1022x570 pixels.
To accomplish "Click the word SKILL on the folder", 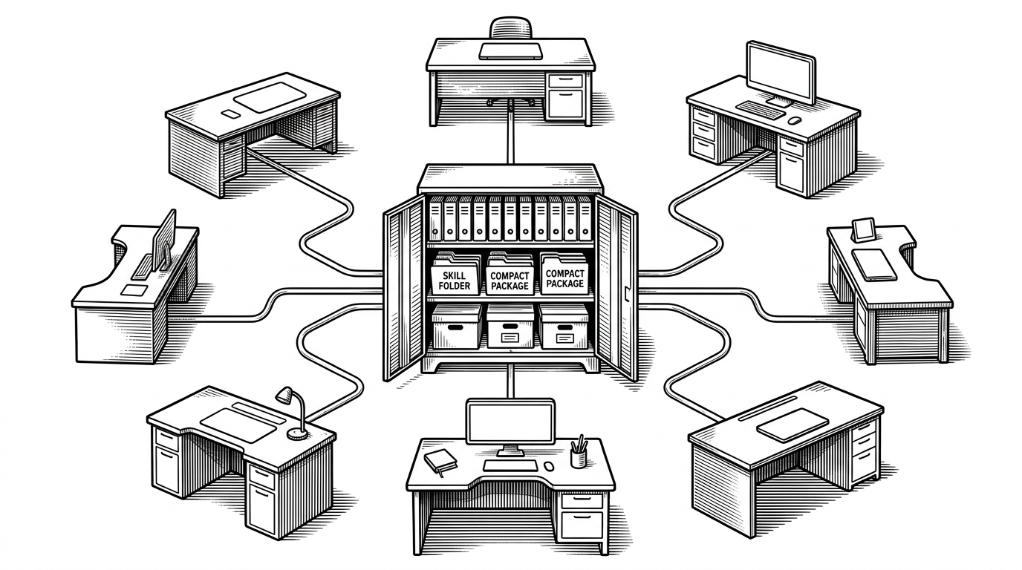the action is pos(455,275).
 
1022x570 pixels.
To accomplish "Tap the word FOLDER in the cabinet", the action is pos(455,286).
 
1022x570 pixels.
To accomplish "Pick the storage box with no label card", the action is pos(457,327).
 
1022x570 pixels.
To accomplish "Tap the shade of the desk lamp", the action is pos(284,395).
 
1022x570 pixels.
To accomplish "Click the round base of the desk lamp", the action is pos(298,434).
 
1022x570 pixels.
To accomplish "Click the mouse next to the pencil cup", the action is pos(550,466).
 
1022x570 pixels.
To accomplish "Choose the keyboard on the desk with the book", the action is pos(510,465).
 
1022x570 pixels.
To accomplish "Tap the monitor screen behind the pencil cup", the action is pos(510,421).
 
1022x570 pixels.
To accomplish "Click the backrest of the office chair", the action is pos(511,27).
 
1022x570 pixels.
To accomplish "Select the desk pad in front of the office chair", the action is pos(511,51).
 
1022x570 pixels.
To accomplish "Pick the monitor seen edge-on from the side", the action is pos(164,240).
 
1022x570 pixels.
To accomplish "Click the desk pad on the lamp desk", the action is pos(238,425).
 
